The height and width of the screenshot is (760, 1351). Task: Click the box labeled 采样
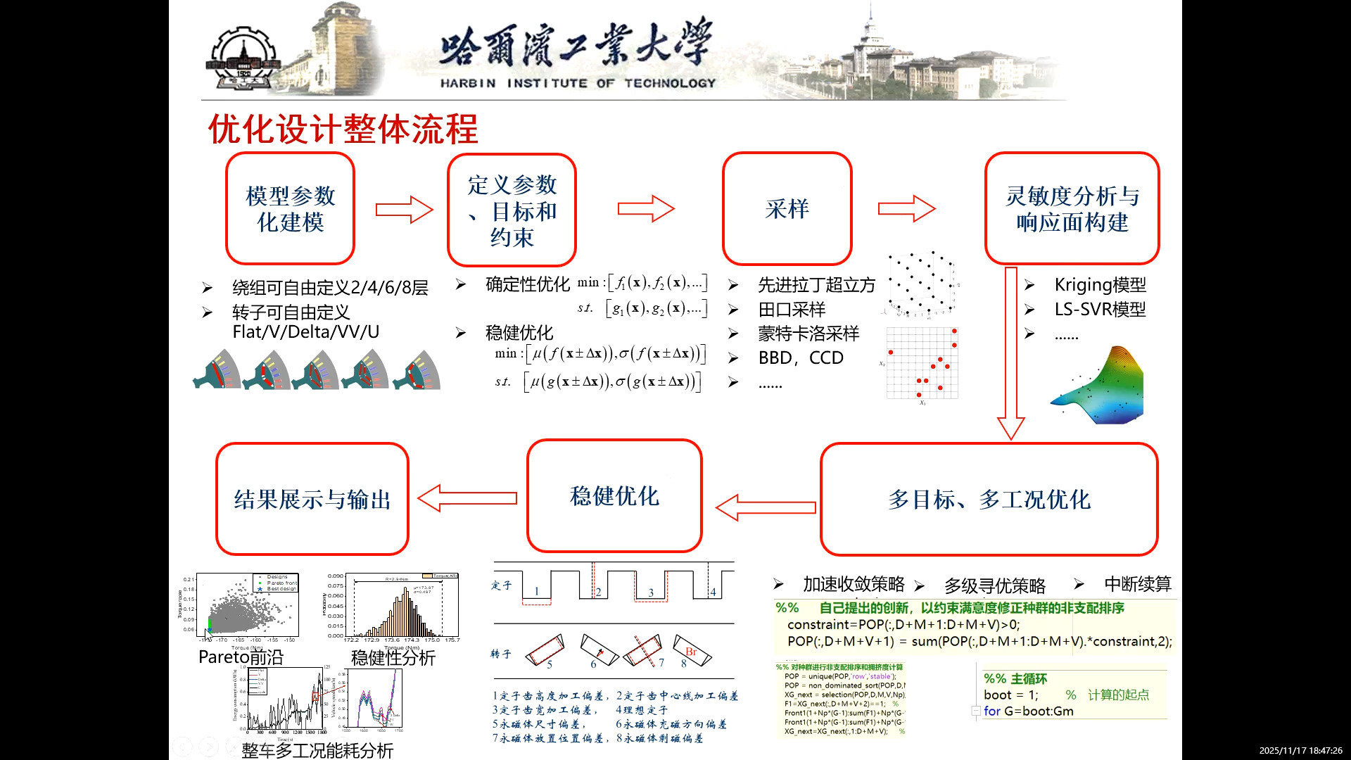[787, 209]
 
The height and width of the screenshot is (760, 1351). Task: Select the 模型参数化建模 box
[290, 209]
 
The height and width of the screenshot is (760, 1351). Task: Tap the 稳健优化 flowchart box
[614, 496]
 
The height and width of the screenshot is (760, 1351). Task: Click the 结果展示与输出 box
[312, 499]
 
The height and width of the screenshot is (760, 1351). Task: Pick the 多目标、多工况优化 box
[989, 499]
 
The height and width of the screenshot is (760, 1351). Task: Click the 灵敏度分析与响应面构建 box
[1072, 209]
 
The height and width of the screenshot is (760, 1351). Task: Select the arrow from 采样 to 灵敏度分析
[906, 209]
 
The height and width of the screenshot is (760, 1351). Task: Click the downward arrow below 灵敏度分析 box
[1011, 352]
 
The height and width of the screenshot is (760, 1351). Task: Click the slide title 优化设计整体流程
[343, 129]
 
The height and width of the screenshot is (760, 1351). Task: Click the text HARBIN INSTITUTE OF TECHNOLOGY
[578, 83]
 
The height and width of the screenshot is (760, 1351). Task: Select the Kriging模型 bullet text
[1100, 285]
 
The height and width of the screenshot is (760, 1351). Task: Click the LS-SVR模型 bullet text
[1100, 310]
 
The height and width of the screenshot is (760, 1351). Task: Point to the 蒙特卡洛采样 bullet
[808, 334]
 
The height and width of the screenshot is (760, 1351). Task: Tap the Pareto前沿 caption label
[241, 657]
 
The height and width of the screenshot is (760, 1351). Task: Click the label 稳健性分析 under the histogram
[393, 658]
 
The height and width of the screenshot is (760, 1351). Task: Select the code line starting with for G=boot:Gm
[1029, 711]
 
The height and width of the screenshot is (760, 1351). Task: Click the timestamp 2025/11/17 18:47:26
[1300, 751]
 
